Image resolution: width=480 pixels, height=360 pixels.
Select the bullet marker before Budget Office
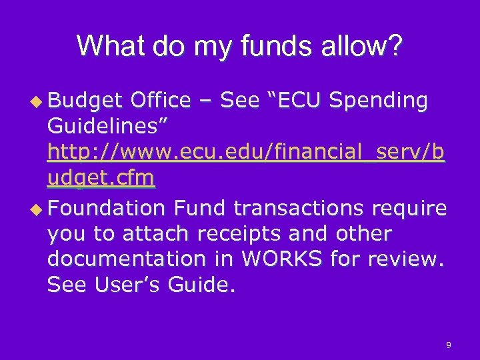39,101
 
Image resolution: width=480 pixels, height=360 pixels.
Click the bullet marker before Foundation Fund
39,209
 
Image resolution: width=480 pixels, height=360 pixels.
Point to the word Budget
85,101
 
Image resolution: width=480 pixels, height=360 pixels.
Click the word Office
161,101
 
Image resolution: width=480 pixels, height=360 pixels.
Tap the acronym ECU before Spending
297,101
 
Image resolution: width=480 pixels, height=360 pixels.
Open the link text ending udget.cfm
101,179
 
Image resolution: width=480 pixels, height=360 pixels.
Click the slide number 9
449,345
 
